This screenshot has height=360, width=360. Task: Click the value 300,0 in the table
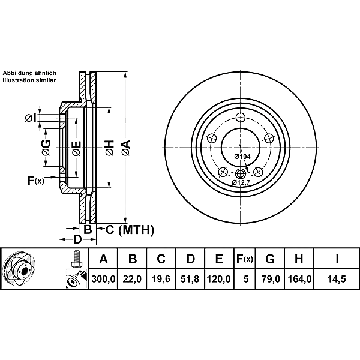click(x=103, y=279)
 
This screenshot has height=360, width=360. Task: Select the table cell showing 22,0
click(x=132, y=279)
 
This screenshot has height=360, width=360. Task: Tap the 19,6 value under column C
click(x=161, y=279)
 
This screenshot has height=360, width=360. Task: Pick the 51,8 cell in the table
click(x=190, y=279)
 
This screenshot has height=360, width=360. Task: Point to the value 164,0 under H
click(x=299, y=279)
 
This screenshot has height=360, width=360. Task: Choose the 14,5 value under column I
click(x=337, y=279)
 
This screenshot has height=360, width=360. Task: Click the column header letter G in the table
click(x=270, y=259)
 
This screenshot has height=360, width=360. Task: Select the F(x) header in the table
click(x=245, y=259)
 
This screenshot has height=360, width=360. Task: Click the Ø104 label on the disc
click(x=242, y=157)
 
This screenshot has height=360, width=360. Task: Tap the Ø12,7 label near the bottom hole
click(x=241, y=182)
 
